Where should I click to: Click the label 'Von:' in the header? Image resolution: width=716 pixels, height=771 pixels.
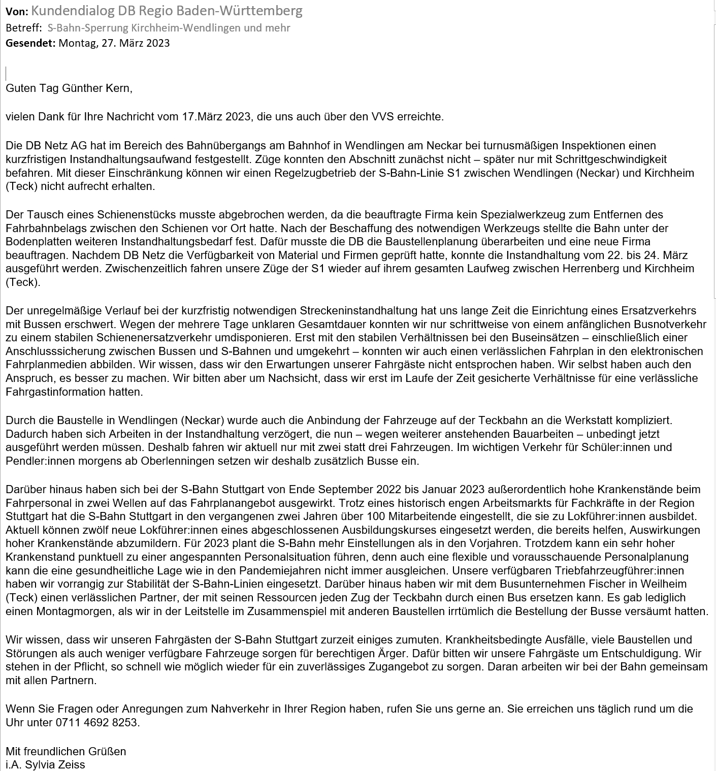(x=17, y=11)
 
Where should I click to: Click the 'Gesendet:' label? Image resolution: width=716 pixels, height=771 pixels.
(x=30, y=43)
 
